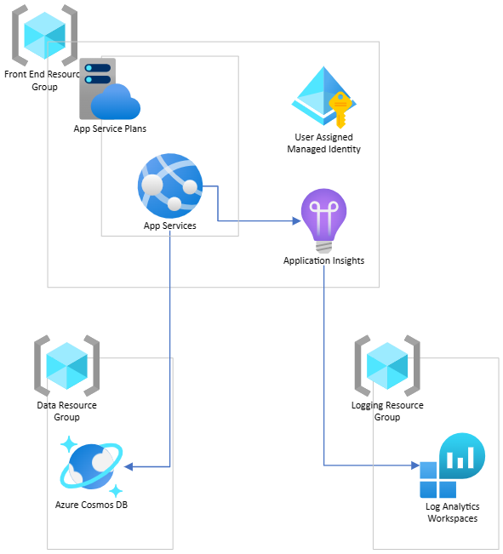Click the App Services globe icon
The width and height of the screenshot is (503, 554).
pos(170,186)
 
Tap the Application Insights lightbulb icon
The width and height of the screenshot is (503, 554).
pos(323,220)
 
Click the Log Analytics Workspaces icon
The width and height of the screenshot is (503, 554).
pos(453,465)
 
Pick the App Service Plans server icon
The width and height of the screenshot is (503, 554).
pos(110,89)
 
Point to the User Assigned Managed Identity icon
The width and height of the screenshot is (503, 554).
pos(323,97)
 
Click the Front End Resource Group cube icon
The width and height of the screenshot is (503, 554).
pos(44,36)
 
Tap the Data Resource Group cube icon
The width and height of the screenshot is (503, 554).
pos(66,366)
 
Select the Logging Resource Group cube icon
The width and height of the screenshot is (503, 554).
pos(387,366)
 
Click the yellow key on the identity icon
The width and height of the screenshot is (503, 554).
pos(340,110)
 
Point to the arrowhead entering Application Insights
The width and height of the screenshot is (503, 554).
pos(297,220)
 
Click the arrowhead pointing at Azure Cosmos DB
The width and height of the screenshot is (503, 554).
pos(129,466)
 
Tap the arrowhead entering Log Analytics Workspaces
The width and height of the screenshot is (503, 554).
pos(415,465)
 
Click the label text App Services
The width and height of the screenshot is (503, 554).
pos(170,226)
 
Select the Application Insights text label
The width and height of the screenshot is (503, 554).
pos(323,260)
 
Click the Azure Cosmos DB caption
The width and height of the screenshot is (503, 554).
pos(92,505)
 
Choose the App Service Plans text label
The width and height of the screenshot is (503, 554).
pos(110,129)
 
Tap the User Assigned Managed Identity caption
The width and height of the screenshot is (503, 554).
pos(323,143)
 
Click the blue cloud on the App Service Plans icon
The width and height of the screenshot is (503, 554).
pos(116,102)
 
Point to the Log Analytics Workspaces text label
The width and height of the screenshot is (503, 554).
pos(453,512)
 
